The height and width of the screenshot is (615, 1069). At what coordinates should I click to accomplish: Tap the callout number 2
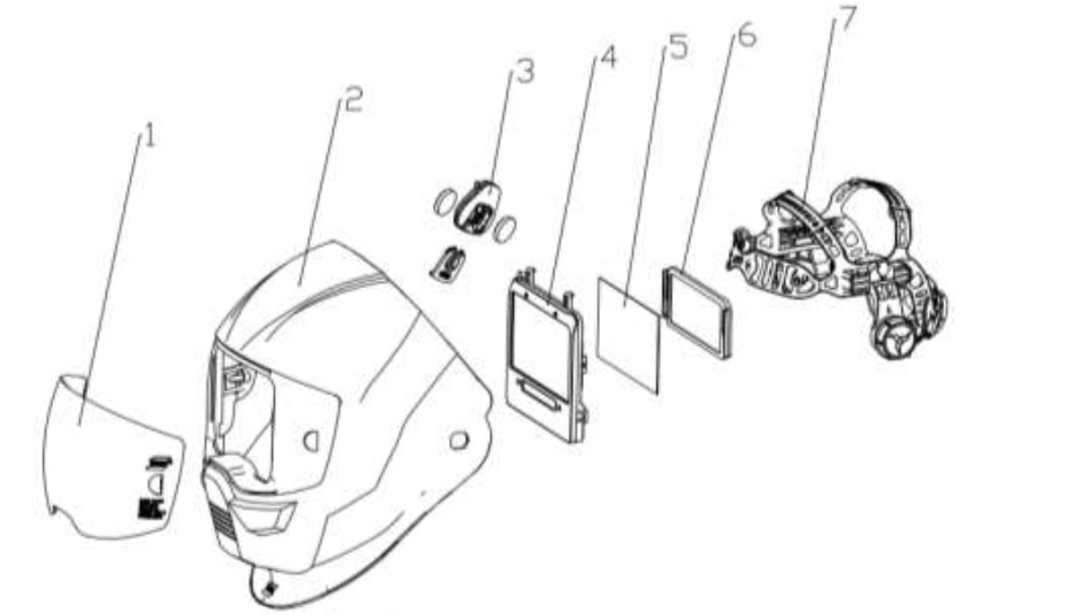pyautogui.click(x=353, y=101)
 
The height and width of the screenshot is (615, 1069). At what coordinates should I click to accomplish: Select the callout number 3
pyautogui.click(x=525, y=71)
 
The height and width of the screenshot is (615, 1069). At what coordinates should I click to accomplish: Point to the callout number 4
pyautogui.click(x=608, y=57)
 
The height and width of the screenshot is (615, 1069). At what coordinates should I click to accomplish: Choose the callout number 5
pyautogui.click(x=677, y=47)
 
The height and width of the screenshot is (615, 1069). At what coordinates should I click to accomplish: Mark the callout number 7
pyautogui.click(x=845, y=19)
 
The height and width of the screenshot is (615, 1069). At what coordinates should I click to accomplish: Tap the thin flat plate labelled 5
pyautogui.click(x=629, y=334)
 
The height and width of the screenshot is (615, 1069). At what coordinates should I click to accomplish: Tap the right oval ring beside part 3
pyautogui.click(x=505, y=229)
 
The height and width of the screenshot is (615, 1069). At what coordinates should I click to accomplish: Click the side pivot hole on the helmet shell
pyautogui.click(x=459, y=441)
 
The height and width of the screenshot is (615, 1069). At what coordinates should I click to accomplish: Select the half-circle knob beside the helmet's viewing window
pyautogui.click(x=310, y=442)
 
